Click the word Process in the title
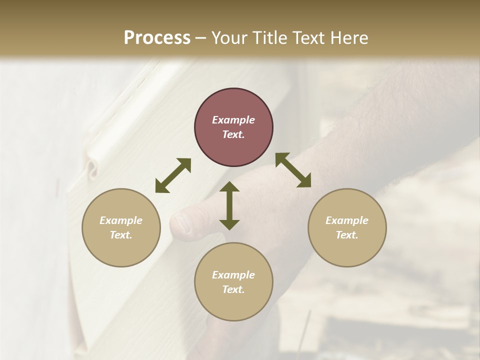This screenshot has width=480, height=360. [157, 37]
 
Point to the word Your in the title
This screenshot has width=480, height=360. [228, 37]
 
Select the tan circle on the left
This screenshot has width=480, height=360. [121, 227]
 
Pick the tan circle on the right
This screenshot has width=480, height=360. [347, 227]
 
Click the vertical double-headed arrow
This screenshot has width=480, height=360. [229, 205]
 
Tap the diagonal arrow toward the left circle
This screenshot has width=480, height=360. [173, 175]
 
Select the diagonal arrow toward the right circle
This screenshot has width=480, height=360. [293, 170]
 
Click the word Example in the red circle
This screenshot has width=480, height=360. [233, 120]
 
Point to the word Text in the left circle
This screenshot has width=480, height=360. [120, 235]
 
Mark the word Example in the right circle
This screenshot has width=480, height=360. [347, 220]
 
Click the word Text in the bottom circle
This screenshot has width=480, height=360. [233, 289]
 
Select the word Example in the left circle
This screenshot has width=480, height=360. [121, 220]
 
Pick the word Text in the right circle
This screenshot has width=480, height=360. [346, 235]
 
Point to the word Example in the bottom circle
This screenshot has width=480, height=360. [233, 275]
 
